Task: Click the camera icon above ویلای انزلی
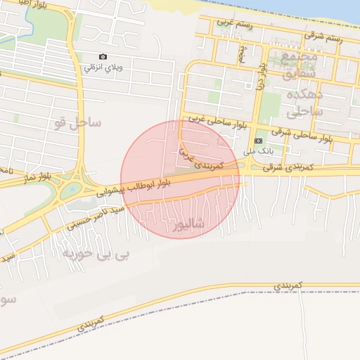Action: pyautogui.click(x=103, y=56)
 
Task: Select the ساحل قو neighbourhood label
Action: pyautogui.click(x=77, y=124)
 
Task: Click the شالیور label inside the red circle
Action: pyautogui.click(x=191, y=224)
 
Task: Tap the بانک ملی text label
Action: pyautogui.click(x=257, y=150)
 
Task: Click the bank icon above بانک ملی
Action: pyautogui.click(x=257, y=141)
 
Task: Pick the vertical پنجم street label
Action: pyautogui.click(x=242, y=53)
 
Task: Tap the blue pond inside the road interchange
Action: pyautogui.click(x=70, y=189)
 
